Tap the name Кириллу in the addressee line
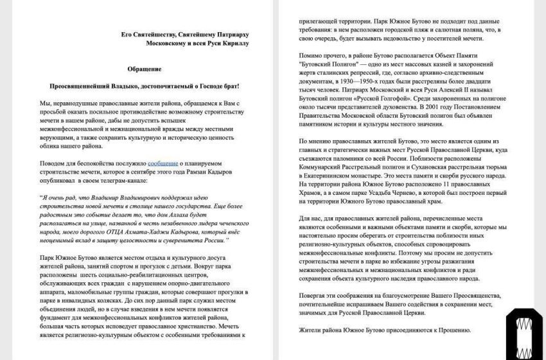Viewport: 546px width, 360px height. coord(233,43)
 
